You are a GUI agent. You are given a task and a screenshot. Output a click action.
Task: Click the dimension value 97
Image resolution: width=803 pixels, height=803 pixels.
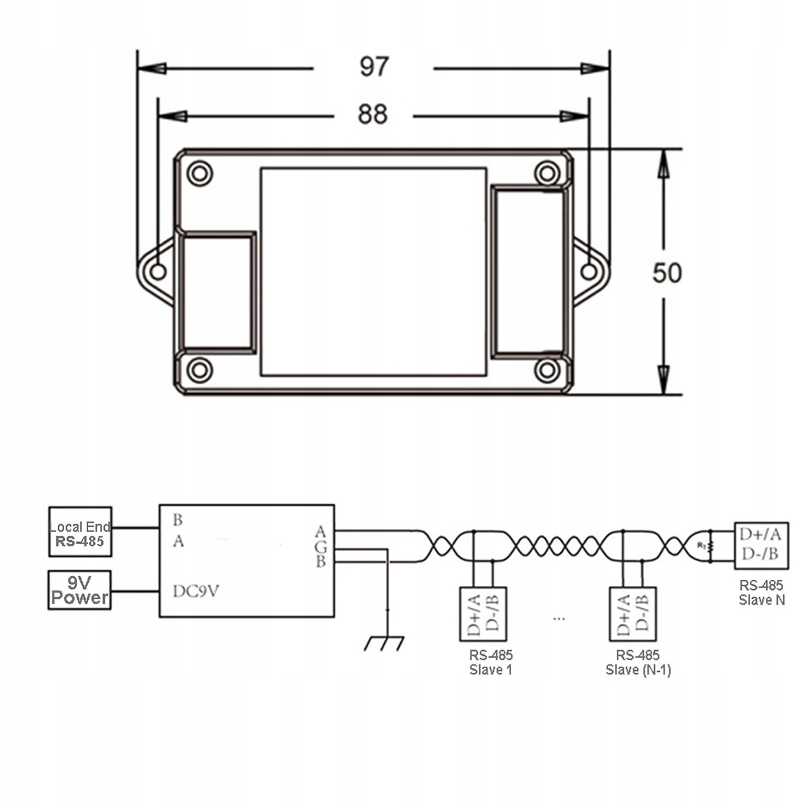coord(374,67)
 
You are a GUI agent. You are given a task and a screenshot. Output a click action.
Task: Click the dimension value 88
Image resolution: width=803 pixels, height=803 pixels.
coord(373,114)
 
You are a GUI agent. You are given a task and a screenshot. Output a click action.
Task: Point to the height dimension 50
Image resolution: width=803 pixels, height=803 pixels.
coord(667,273)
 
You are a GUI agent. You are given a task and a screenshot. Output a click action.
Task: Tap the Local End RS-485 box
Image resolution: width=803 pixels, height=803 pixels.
coord(80,532)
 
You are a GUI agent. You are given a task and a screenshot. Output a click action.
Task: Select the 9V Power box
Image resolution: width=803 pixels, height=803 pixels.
coord(80,590)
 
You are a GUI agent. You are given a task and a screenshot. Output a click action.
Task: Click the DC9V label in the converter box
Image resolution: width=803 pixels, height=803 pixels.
coord(196,591)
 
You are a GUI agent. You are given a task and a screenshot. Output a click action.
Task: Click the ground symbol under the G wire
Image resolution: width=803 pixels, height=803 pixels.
coord(384,643)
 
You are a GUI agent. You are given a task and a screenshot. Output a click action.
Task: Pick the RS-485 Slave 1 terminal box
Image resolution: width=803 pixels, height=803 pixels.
coord(483,614)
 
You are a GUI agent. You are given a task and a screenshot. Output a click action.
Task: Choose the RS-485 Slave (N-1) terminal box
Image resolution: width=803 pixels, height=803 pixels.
coord(632,614)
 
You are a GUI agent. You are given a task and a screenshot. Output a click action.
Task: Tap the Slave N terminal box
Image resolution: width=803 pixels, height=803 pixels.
coord(761,546)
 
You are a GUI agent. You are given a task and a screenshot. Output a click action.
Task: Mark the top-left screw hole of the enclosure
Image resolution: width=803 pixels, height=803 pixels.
coord(200,174)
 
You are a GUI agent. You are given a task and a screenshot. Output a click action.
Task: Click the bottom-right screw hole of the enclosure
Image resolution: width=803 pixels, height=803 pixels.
coord(547,371)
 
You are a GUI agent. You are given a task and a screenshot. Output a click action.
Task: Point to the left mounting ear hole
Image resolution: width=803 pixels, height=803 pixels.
coord(158,272)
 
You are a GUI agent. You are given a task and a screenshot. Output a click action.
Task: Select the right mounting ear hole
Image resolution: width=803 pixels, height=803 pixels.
coord(589,272)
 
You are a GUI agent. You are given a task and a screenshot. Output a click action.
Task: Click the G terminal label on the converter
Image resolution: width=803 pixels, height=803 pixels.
coord(320,547)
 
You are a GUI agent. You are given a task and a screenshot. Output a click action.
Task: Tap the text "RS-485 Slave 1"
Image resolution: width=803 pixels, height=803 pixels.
coord(491,662)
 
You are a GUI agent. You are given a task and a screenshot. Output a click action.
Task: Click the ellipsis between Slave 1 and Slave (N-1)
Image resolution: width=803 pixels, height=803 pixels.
coord(559,619)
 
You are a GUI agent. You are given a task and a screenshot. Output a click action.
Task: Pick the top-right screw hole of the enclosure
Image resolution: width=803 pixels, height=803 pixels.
coord(547,174)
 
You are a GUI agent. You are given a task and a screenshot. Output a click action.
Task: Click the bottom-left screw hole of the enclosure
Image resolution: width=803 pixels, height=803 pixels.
coord(200,371)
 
